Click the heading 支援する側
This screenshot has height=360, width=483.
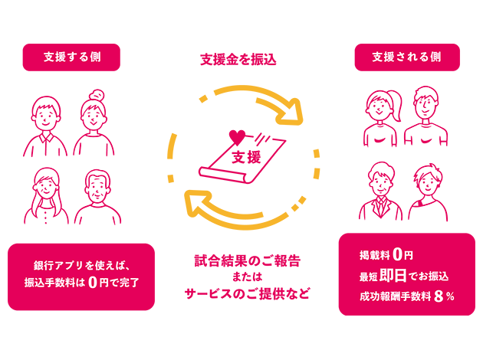pos(72,57)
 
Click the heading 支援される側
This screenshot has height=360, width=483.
pos(406,57)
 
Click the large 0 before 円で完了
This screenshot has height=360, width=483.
pos(93,282)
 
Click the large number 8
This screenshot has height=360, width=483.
pos(439,297)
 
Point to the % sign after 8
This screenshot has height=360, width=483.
pos(451,297)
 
